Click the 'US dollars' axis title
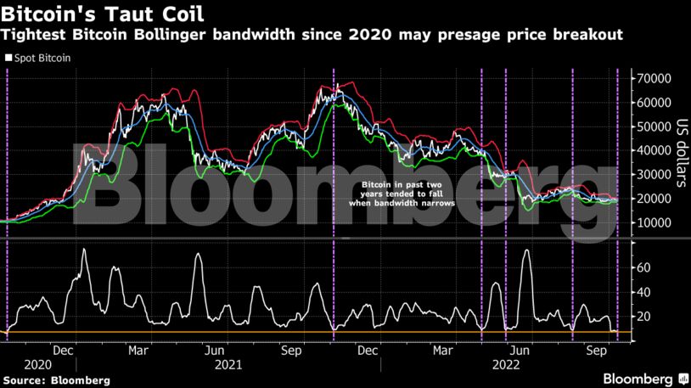[678, 151]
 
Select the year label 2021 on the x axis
[230, 363]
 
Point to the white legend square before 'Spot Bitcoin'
[8, 58]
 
